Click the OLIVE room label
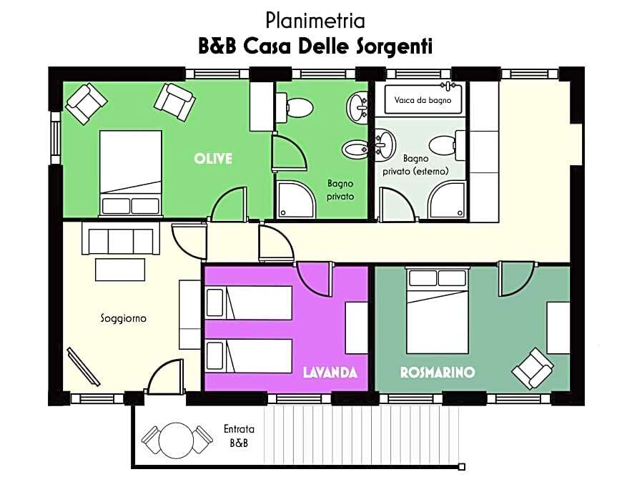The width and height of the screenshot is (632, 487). click(213, 159)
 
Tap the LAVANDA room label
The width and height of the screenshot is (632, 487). click(330, 372)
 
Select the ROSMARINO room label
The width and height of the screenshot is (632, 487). click(438, 372)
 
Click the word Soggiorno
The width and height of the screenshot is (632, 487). click(124, 318)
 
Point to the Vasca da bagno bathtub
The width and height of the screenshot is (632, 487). click(422, 99)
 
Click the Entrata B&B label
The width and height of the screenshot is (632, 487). click(239, 436)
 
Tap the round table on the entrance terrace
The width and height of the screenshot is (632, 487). click(176, 441)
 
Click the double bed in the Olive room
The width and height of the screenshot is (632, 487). click(131, 173)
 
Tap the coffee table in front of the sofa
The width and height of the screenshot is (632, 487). click(120, 270)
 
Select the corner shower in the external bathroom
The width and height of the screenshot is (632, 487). click(448, 200)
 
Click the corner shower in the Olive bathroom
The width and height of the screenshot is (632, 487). click(295, 200)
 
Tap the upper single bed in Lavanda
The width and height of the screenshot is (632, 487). click(249, 303)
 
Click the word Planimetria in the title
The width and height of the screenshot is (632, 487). click(315, 21)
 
